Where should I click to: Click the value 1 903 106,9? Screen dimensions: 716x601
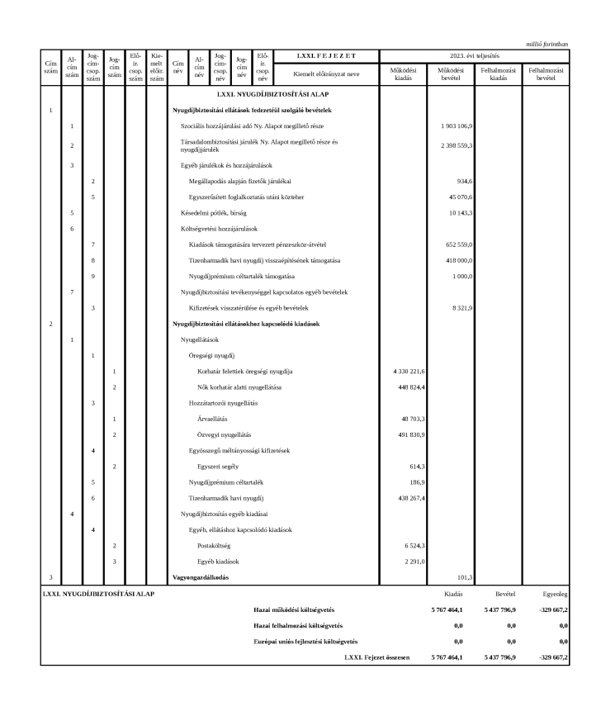click(x=457, y=126)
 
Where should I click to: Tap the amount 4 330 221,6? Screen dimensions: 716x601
click(x=406, y=372)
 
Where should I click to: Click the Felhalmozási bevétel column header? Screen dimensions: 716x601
click(x=549, y=74)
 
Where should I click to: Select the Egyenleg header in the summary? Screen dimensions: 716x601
click(x=553, y=593)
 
